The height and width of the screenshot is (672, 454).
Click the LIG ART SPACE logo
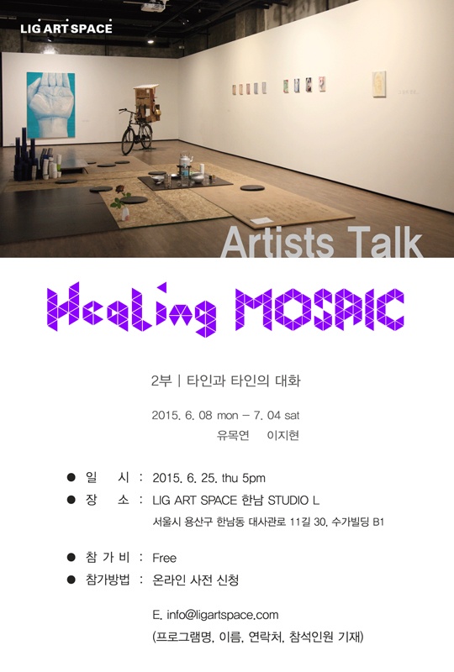66,28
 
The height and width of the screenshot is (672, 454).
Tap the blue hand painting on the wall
50,105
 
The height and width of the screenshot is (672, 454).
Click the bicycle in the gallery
136,131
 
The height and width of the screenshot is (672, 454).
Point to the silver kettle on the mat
185,165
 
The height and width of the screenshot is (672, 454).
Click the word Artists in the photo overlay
277,243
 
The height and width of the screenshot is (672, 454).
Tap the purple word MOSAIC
319,309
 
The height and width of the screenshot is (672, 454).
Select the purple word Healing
131,308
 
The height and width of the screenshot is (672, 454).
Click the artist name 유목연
233,435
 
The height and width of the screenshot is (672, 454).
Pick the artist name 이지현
282,435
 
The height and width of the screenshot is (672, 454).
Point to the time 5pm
254,478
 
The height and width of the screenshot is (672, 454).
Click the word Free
164,558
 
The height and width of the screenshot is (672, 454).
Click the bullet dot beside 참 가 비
71,557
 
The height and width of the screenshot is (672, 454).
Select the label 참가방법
108,580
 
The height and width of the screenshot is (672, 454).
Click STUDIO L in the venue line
293,500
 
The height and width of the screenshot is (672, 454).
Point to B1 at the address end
378,522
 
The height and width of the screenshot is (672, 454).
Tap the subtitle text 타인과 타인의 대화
243,381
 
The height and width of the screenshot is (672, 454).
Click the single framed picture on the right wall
379,85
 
